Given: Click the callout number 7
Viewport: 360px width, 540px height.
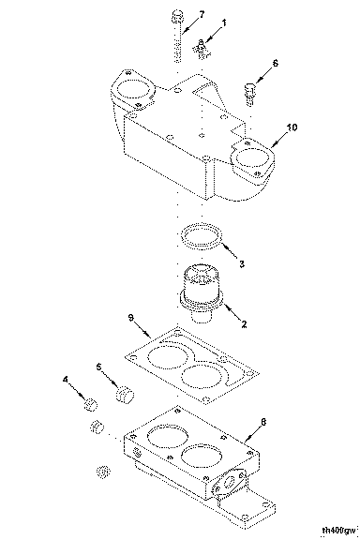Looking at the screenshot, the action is point(202,14).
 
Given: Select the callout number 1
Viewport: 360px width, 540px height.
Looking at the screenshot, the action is point(224,23).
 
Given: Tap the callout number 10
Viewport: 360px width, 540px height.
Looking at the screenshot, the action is point(292,127).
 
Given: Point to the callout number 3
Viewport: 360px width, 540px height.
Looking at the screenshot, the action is point(242,263).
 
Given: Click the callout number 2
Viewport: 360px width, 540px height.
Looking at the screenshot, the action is point(244,324).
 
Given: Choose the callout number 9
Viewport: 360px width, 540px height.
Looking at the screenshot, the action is point(131,317).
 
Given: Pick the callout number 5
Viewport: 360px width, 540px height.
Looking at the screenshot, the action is point(99,367).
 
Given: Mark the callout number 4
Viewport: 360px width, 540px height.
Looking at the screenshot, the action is point(66,379).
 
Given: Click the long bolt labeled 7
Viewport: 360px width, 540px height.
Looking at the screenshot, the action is point(177,37).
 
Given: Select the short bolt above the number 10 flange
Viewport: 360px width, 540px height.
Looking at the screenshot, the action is point(250,94).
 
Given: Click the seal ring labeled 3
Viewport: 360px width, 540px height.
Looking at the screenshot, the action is point(202,237).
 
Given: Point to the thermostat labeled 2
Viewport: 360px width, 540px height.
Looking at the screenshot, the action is point(202,292).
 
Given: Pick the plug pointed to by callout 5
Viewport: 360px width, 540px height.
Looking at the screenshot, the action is point(125,394).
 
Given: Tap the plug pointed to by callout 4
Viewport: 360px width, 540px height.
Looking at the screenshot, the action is point(91,404).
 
